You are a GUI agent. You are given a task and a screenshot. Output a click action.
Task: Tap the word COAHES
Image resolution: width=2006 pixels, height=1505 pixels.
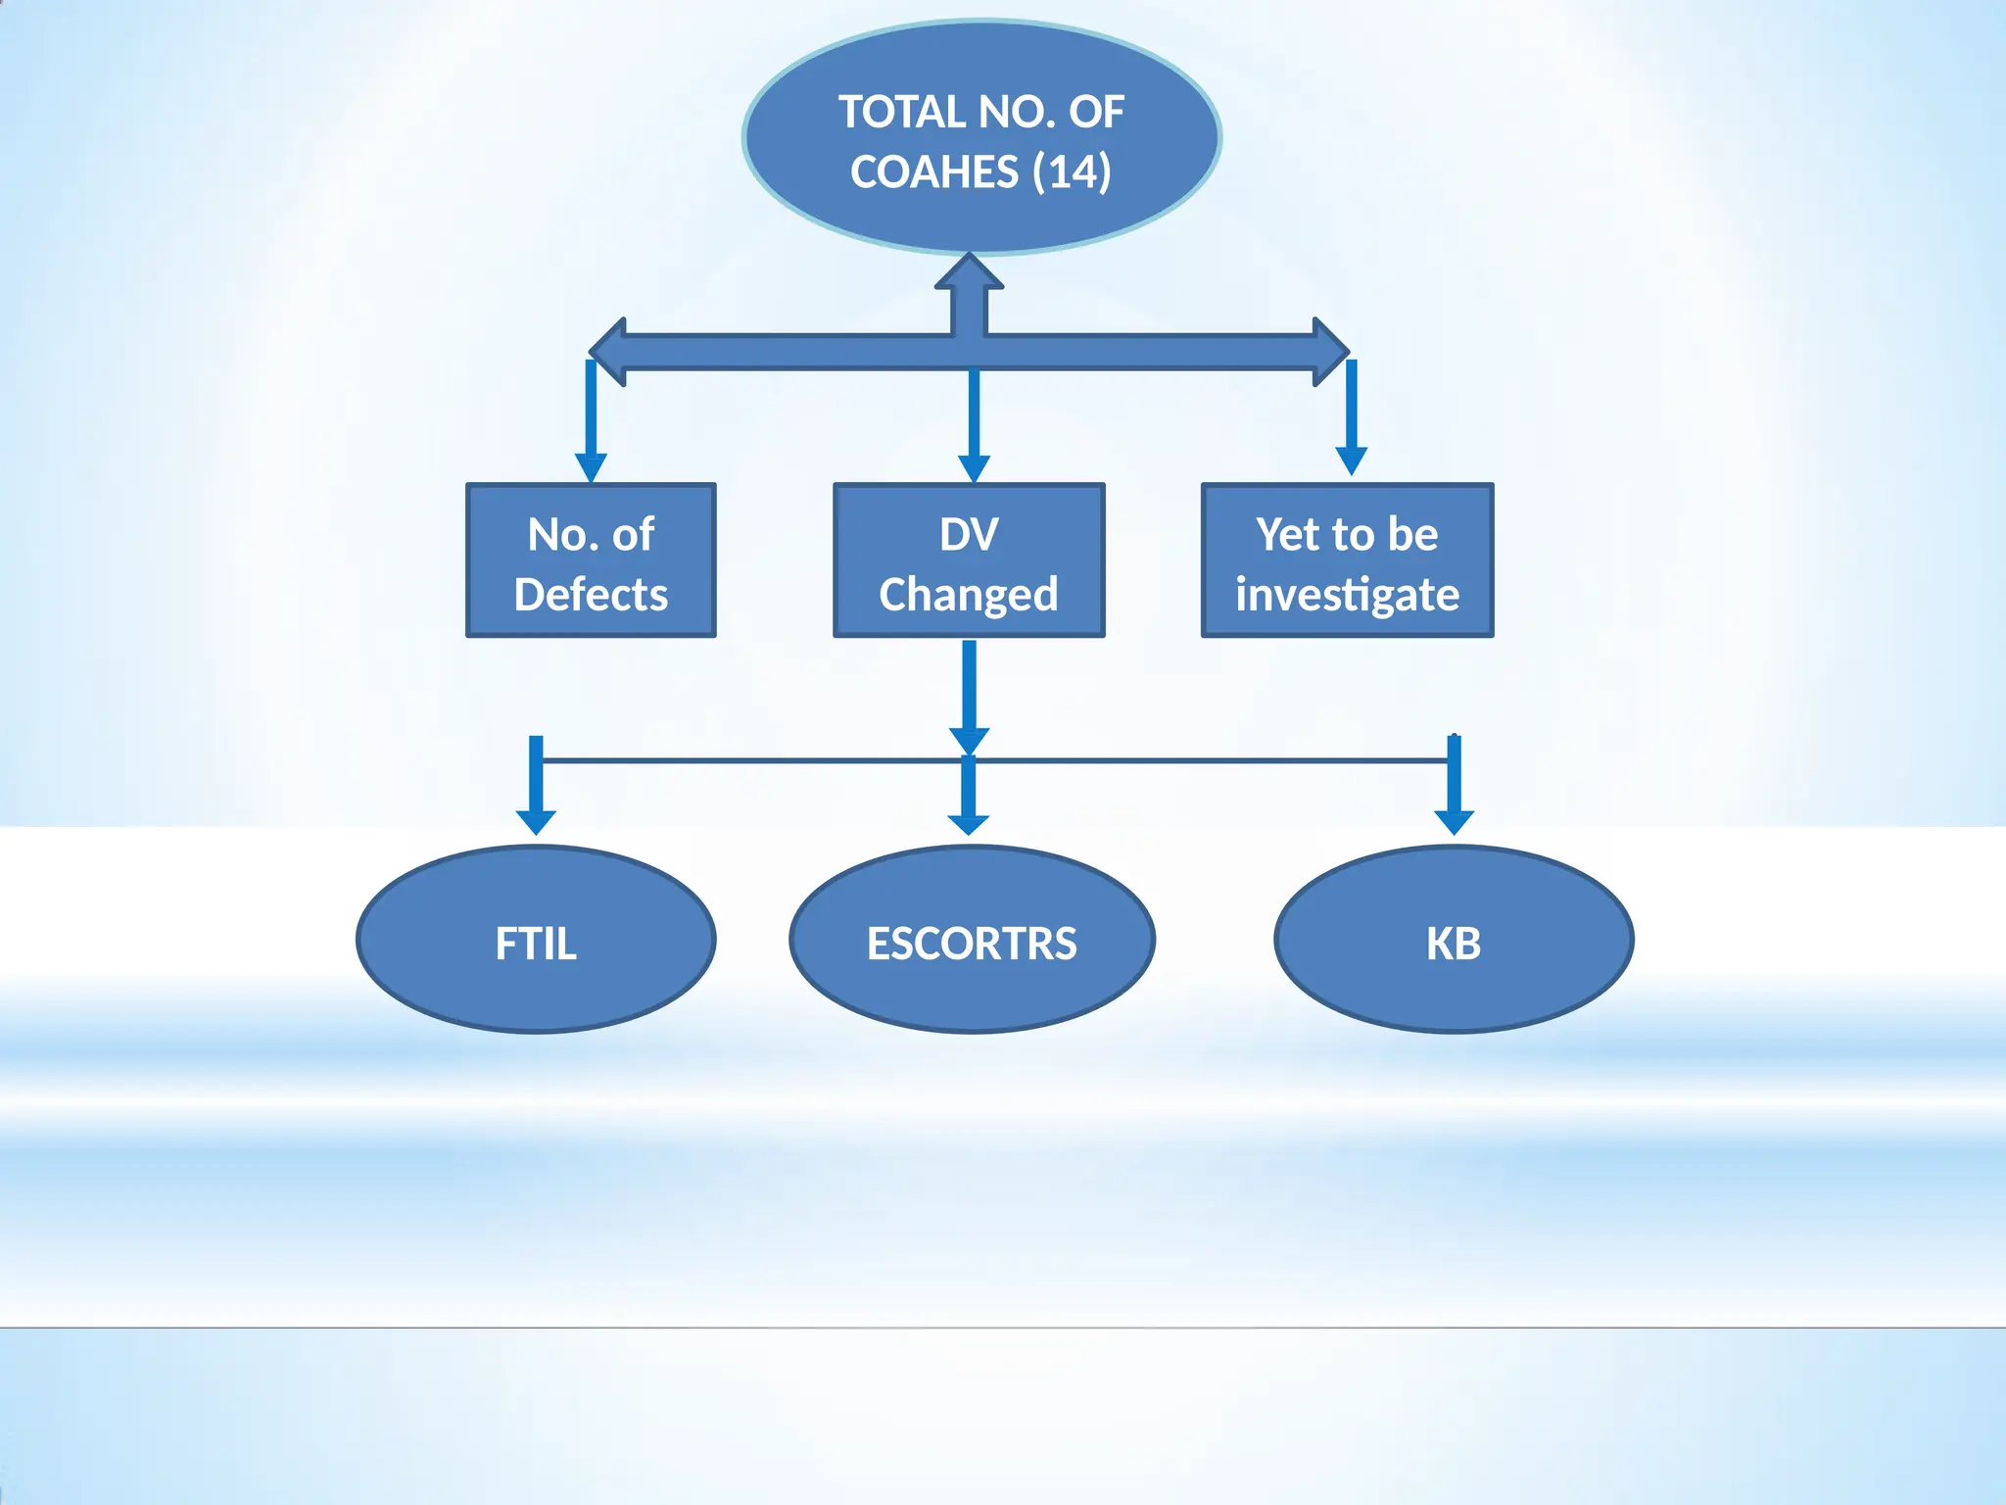coord(934,172)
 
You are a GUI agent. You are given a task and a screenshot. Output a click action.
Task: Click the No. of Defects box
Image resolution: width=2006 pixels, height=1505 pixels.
coord(591,560)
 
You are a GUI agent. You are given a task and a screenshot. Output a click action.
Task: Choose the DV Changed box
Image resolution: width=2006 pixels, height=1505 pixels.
coord(969,560)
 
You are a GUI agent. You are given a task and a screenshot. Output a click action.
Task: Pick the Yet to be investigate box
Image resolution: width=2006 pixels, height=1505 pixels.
coord(1347,560)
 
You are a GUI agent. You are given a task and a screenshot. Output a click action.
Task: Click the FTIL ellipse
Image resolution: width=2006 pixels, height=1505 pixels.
coord(536,940)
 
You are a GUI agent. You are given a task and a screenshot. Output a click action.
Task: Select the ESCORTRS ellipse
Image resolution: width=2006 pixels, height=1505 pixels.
coord(972,940)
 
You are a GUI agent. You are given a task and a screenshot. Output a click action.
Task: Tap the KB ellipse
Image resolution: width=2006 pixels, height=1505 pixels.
coord(1454,940)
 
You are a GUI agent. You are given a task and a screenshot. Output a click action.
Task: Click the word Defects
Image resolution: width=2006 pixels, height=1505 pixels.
coord(591,595)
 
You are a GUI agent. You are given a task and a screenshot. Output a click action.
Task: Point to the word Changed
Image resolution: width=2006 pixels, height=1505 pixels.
coord(969,595)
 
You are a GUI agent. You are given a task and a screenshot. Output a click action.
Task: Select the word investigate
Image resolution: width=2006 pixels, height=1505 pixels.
coord(1347,595)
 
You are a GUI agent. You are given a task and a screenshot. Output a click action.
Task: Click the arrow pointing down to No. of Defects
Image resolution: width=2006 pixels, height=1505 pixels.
coord(591,421)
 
